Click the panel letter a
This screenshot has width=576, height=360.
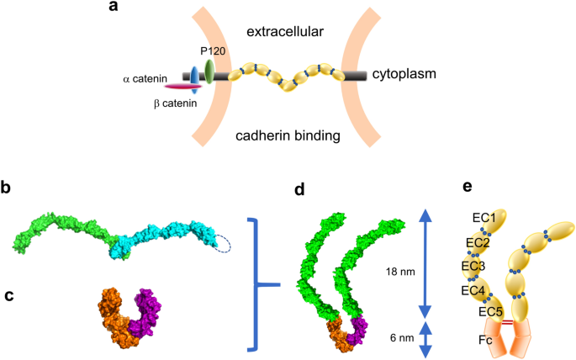114,9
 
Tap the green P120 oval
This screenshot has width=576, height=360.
209,71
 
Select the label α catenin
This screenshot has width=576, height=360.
147,79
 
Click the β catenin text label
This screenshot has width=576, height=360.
175,103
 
